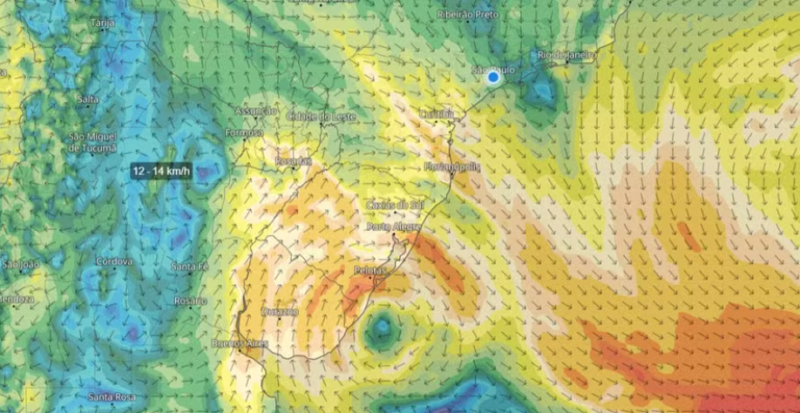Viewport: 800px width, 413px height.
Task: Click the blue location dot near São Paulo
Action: coord(493,78)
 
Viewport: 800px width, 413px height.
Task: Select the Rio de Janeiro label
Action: coord(567,55)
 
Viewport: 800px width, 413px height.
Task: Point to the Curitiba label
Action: coord(437,114)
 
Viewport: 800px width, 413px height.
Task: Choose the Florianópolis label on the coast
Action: coord(452,166)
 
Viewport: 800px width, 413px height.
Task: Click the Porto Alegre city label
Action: coord(395,227)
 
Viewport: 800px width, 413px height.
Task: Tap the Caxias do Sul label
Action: coord(395,204)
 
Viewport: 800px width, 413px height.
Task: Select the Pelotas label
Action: coord(369,271)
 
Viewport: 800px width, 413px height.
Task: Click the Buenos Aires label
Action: coord(240,343)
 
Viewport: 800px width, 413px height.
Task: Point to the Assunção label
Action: coord(255,111)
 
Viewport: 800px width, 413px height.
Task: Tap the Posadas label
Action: coord(293,161)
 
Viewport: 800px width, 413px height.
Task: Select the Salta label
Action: coord(87,99)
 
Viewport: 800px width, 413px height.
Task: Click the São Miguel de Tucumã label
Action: coord(92,143)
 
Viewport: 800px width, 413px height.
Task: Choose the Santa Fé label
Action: coord(189,267)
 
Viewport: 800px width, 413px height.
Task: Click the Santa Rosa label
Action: coord(112,398)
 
